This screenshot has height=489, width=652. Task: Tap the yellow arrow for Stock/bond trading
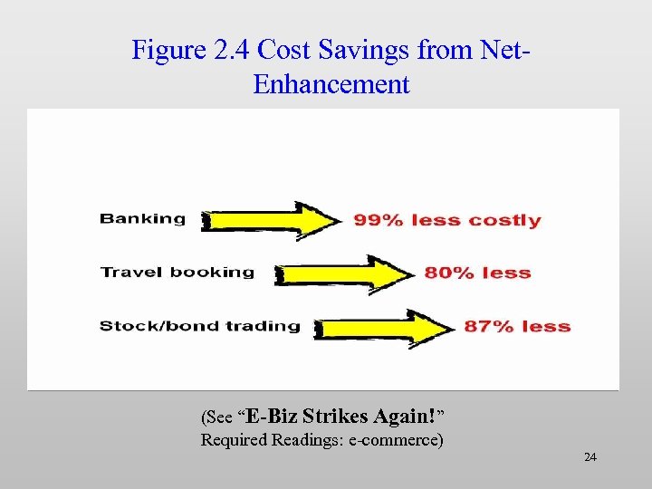pyautogui.click(x=386, y=326)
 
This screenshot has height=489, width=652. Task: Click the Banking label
pyautogui.click(x=142, y=218)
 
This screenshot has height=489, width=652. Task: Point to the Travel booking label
pyautogui.click(x=177, y=272)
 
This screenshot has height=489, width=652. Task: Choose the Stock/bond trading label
pyautogui.click(x=199, y=326)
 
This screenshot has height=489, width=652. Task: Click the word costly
pyautogui.click(x=505, y=221)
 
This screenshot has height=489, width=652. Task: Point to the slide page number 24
pyautogui.click(x=590, y=457)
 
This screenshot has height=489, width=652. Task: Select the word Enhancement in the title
pyautogui.click(x=331, y=85)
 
